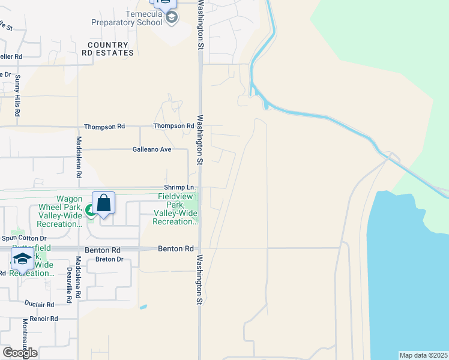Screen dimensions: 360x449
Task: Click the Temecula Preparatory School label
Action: tap(127, 18)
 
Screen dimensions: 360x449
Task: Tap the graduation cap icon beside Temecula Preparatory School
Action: tap(171, 17)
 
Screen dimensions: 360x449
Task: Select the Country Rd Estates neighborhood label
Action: tap(108, 49)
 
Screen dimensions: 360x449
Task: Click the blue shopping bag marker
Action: tap(103, 203)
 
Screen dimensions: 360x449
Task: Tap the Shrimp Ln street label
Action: tap(178, 187)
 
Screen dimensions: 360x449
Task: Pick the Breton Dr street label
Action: tap(109, 259)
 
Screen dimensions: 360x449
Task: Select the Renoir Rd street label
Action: tap(41, 319)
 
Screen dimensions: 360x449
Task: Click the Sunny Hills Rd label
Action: tap(18, 95)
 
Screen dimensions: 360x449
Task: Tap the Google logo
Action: tap(20, 352)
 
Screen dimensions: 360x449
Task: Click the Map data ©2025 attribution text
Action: tap(423, 355)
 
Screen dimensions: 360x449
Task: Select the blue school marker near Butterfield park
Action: tap(22, 260)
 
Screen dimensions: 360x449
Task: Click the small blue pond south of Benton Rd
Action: tap(143, 307)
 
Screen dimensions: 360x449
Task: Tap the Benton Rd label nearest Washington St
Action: tap(176, 248)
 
